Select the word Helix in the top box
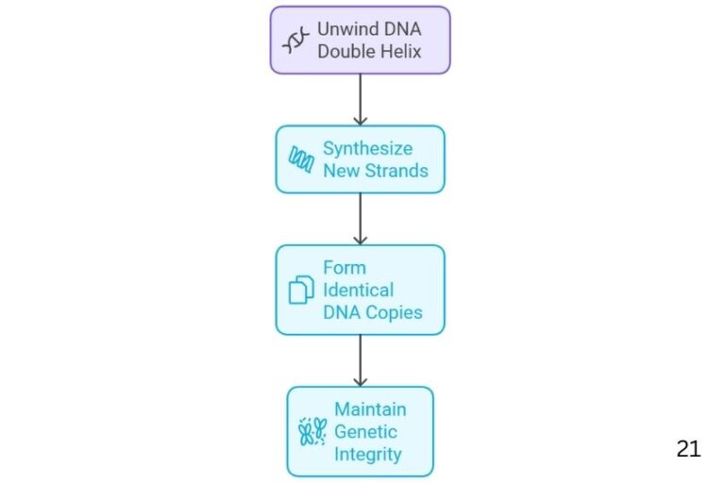coord(403,51)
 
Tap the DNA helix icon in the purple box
coord(295,41)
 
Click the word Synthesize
coord(369,148)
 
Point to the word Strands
coord(396,171)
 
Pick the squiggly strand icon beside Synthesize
coord(301,159)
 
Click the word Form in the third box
coord(343,267)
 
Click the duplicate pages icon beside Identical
coord(301,290)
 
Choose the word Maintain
coord(370,409)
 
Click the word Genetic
coord(365,432)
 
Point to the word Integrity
coord(368,455)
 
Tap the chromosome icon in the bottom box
coord(312,432)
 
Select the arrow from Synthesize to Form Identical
coord(360,219)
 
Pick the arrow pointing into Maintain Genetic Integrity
coord(360,360)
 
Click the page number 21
coord(689,449)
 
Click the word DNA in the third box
coord(342,312)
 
